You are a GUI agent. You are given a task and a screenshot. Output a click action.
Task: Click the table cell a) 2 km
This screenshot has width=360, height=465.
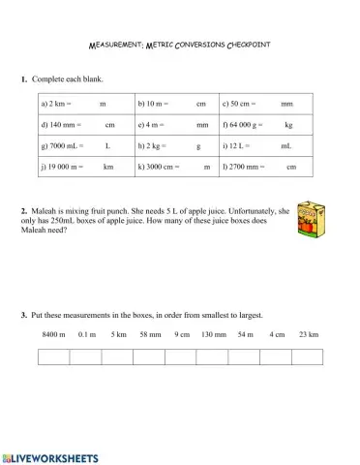click(x=85, y=103)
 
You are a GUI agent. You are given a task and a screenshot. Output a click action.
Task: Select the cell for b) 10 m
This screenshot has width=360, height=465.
click(x=175, y=103)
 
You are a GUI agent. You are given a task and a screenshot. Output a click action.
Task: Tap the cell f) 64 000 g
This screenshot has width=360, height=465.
click(x=263, y=125)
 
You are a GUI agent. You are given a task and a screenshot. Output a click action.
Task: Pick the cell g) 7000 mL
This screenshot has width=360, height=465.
click(x=85, y=145)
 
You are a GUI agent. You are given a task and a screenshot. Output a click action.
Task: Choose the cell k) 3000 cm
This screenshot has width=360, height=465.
click(x=175, y=167)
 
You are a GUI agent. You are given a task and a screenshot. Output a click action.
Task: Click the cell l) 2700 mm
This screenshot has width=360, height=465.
click(x=263, y=167)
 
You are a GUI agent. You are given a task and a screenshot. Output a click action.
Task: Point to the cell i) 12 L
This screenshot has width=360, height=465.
click(x=263, y=145)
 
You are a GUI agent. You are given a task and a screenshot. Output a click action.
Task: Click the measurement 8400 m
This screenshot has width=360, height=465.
click(x=53, y=334)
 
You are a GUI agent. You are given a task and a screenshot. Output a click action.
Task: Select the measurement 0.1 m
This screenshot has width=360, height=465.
click(x=87, y=334)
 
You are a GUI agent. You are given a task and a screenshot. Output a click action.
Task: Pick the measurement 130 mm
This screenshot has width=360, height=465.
click(x=214, y=334)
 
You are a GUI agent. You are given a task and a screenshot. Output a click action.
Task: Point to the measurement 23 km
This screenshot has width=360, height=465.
click(x=308, y=334)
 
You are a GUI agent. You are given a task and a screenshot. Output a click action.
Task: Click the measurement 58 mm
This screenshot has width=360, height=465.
click(x=150, y=334)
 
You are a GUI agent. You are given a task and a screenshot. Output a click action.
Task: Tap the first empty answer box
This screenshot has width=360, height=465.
click(x=53, y=356)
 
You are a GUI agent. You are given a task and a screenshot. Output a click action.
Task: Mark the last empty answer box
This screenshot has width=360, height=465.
click(x=307, y=356)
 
